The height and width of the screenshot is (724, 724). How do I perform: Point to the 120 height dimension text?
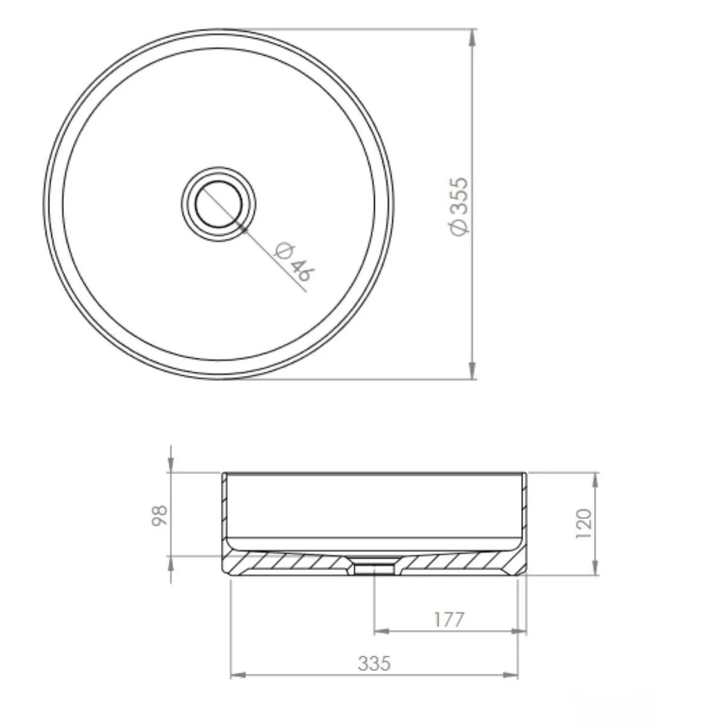point(583,523)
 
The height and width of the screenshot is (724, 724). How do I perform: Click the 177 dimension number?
point(449,620)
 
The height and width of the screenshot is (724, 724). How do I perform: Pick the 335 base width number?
point(374,663)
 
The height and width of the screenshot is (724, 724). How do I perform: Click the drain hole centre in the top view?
point(218,204)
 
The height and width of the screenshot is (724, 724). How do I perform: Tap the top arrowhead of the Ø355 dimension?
point(472,37)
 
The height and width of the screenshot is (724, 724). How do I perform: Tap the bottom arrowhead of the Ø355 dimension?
point(472,370)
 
